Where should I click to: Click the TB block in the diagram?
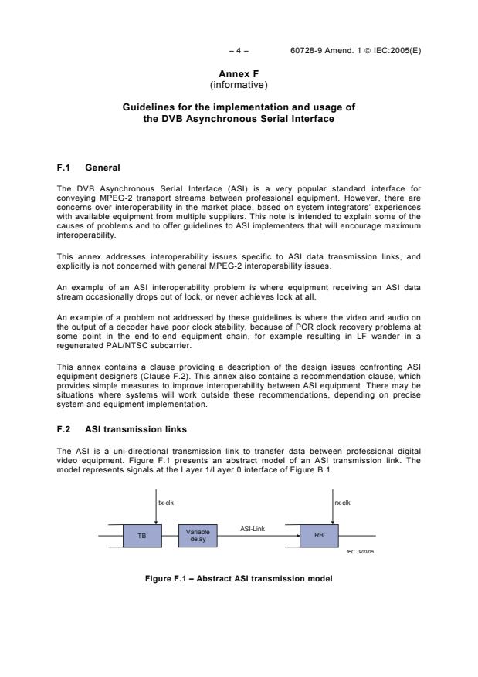click(x=141, y=535)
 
